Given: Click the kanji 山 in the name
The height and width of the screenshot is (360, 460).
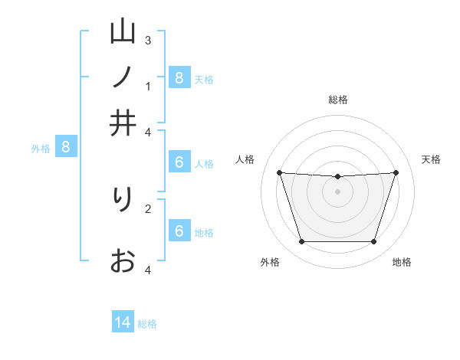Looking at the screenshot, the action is [123, 32].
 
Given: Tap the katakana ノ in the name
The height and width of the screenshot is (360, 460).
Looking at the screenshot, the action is [123, 77].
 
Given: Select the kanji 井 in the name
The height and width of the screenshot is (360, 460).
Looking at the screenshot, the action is [123, 123].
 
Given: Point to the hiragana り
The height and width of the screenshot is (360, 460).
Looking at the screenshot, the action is [123, 200].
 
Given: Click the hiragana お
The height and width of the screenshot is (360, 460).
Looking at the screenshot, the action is [123, 261].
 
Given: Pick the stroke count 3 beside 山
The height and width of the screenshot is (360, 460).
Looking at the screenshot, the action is [148, 40].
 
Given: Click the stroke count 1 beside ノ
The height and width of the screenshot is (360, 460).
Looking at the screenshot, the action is [148, 86].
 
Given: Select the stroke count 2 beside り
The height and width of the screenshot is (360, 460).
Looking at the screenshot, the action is [148, 208].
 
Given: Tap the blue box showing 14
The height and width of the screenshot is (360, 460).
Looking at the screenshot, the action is [123, 322].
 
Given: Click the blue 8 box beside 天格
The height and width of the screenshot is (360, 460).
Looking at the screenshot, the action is [179, 77].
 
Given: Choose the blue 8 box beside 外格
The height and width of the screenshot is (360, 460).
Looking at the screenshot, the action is [66, 147].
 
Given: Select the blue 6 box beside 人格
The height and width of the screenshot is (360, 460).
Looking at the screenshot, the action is [179, 162].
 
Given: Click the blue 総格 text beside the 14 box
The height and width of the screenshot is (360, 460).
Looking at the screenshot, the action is [147, 324].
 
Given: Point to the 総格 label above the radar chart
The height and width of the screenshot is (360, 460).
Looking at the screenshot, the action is [337, 100].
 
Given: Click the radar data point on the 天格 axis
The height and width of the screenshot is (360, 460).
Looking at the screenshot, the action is [396, 172].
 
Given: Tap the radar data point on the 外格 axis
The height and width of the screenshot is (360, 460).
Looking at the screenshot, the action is [301, 242].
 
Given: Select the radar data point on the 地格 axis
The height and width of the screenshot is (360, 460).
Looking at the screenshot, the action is [374, 242].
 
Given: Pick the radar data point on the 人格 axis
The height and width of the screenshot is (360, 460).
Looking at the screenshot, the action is [279, 172].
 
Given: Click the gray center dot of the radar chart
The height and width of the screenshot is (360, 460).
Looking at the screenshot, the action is [337, 191].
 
